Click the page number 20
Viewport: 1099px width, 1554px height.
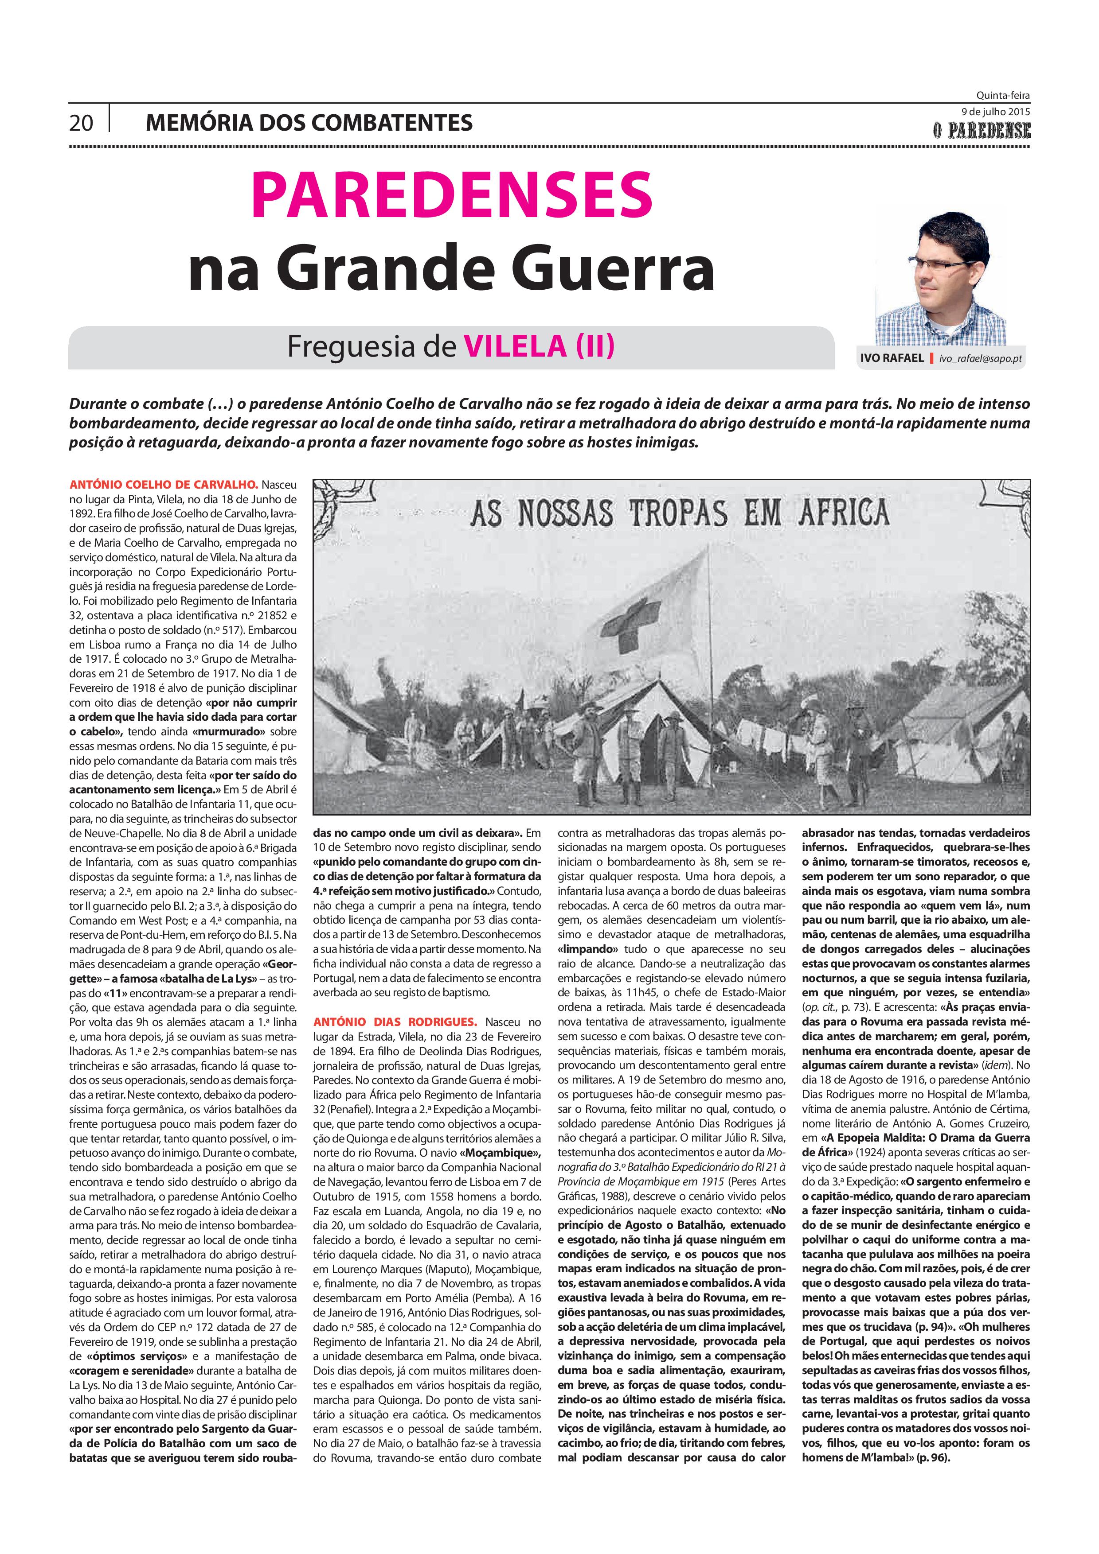(x=81, y=123)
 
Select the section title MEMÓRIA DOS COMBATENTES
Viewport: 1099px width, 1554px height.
(x=309, y=123)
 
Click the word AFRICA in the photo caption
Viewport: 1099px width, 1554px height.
(x=843, y=513)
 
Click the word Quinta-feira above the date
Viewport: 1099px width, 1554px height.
(x=1003, y=96)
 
